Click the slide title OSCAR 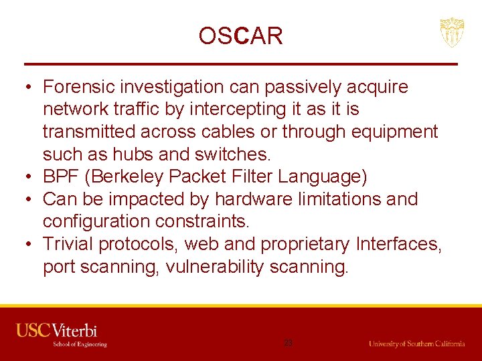[x=240, y=35]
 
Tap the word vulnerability [x=214, y=267]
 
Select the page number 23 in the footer [x=288, y=342]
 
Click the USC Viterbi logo [x=61, y=335]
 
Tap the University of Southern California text [x=416, y=344]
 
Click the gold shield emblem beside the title [x=451, y=33]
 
